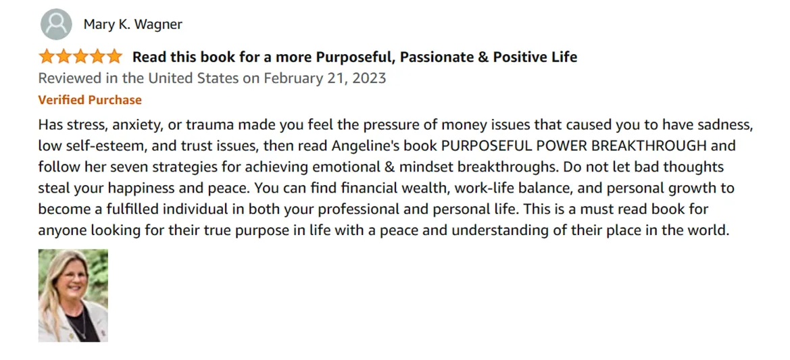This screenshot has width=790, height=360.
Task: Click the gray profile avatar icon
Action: (x=56, y=24)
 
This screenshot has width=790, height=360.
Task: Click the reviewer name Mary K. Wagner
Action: (x=133, y=24)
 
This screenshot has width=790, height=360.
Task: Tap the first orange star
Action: (x=47, y=56)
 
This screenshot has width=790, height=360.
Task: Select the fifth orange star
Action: (x=114, y=56)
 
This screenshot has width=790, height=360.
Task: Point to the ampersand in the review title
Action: (x=484, y=57)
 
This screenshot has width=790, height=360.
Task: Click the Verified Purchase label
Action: (x=90, y=100)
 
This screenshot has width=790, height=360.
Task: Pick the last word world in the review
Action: (x=711, y=231)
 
